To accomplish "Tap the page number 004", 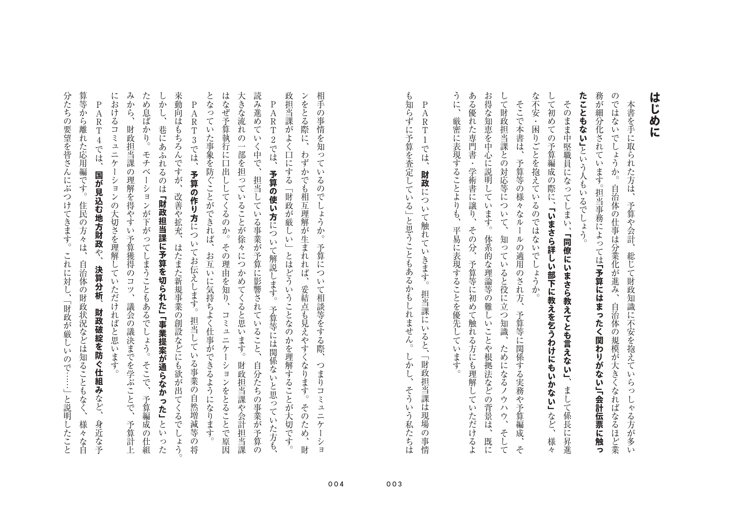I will click(x=336, y=484).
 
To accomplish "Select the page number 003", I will click(x=394, y=484).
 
